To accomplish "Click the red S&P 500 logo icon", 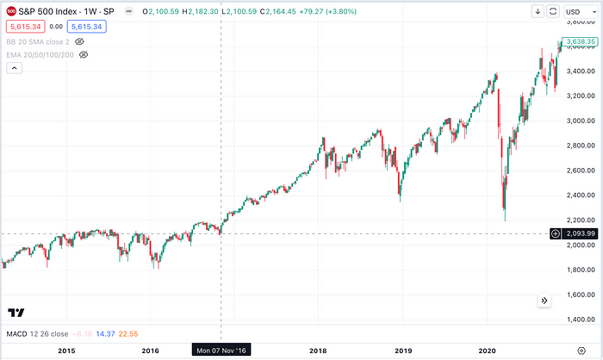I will coord(9,11).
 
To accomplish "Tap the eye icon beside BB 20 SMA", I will coord(79,40).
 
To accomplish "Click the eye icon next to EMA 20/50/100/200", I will coord(84,54).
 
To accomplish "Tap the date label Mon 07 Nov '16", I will coord(221,351).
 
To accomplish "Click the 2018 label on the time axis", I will coord(318,351).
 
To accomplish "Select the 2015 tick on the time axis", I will coord(65,351).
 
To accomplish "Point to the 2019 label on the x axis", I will coord(401,351).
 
